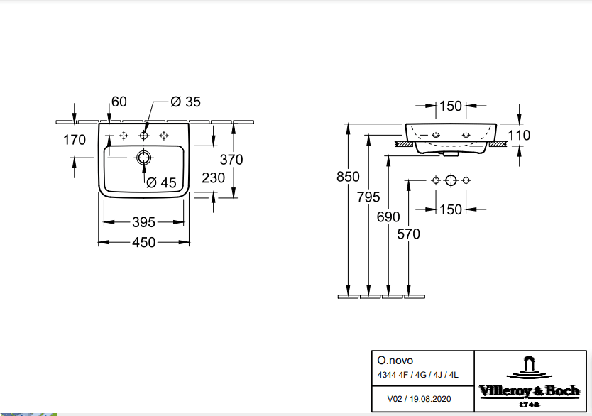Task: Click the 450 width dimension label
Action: (144, 243)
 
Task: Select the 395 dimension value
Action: (144, 222)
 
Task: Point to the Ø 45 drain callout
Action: (161, 182)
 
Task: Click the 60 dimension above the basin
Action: (119, 102)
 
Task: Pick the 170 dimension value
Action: (75, 140)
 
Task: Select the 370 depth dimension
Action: (231, 160)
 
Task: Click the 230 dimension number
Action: (213, 177)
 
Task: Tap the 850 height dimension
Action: (348, 177)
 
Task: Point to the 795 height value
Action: (368, 197)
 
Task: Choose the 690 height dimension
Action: (388, 217)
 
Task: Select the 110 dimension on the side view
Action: (520, 136)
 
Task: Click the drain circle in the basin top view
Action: (144, 157)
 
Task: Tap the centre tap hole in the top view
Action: (144, 135)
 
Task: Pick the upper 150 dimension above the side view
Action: (451, 106)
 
